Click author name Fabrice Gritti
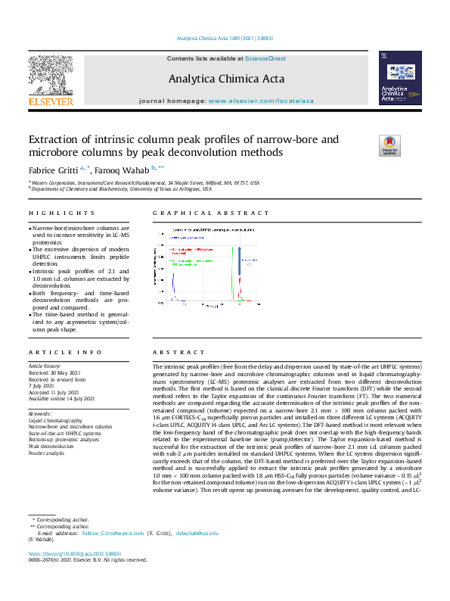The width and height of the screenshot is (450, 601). click(53, 170)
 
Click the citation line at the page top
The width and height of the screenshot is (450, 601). click(225, 37)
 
